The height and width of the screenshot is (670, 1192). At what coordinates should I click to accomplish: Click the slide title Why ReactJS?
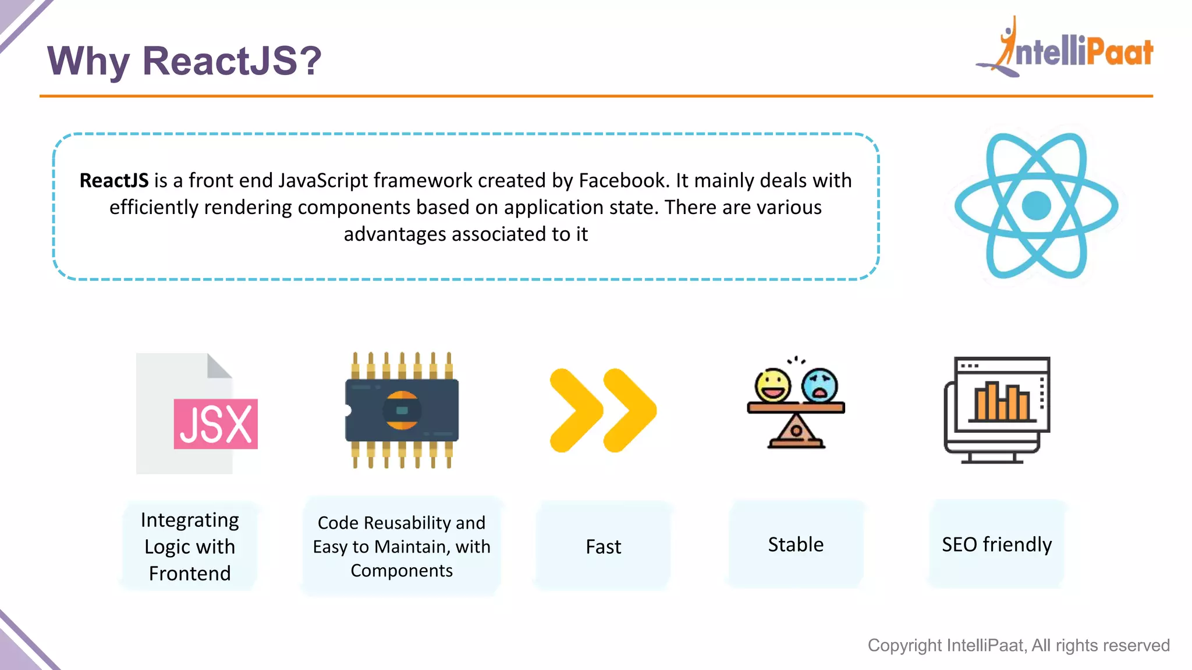[x=184, y=60]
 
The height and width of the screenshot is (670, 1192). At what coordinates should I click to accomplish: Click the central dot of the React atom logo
[x=1036, y=206]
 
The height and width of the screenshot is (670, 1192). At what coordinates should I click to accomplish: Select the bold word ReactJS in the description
[x=114, y=181]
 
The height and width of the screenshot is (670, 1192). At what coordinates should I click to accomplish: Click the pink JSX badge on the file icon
[x=215, y=424]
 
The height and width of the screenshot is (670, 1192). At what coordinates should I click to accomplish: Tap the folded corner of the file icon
[x=219, y=366]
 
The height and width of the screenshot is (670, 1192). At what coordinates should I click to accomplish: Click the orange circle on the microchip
[x=402, y=411]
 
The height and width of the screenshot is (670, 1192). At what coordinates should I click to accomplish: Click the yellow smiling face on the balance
[x=772, y=385]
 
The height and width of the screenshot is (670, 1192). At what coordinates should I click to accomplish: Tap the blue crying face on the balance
[x=819, y=385]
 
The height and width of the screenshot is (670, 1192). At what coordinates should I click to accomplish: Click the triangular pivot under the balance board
[x=796, y=432]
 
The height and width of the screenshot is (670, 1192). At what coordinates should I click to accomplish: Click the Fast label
[x=603, y=547]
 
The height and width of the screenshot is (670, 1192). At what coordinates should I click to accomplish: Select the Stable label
[x=796, y=544]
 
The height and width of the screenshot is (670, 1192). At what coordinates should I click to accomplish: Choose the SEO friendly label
[x=996, y=544]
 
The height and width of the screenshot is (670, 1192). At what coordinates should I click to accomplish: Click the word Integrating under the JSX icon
[x=190, y=520]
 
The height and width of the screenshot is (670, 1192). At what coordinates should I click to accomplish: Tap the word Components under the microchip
[x=402, y=571]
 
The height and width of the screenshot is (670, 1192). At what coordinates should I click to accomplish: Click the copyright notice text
[x=1019, y=645]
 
